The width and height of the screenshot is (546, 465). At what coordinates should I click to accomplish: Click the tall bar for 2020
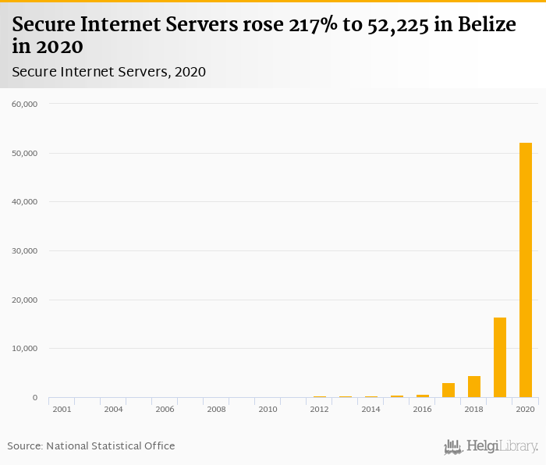tap(526, 270)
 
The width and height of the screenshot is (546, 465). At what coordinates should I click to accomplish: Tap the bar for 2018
tap(474, 387)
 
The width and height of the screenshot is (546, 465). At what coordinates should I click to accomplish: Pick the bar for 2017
tap(448, 390)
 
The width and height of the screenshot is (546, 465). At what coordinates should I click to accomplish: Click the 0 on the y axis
tap(34, 398)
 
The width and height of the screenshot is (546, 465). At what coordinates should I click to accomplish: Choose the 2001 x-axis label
tap(62, 409)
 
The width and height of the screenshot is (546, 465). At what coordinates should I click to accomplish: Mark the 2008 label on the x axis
tap(216, 409)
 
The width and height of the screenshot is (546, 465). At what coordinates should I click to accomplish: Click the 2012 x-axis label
tap(319, 409)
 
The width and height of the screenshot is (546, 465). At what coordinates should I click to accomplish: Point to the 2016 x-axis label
tap(422, 409)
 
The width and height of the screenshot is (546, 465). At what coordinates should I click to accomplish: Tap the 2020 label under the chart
tap(525, 409)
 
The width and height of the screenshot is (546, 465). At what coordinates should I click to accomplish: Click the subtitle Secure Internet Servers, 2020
tap(108, 72)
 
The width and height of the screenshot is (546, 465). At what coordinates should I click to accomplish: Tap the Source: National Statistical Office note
tap(91, 445)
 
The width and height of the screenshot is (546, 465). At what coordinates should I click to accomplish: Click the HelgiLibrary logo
tap(491, 446)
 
